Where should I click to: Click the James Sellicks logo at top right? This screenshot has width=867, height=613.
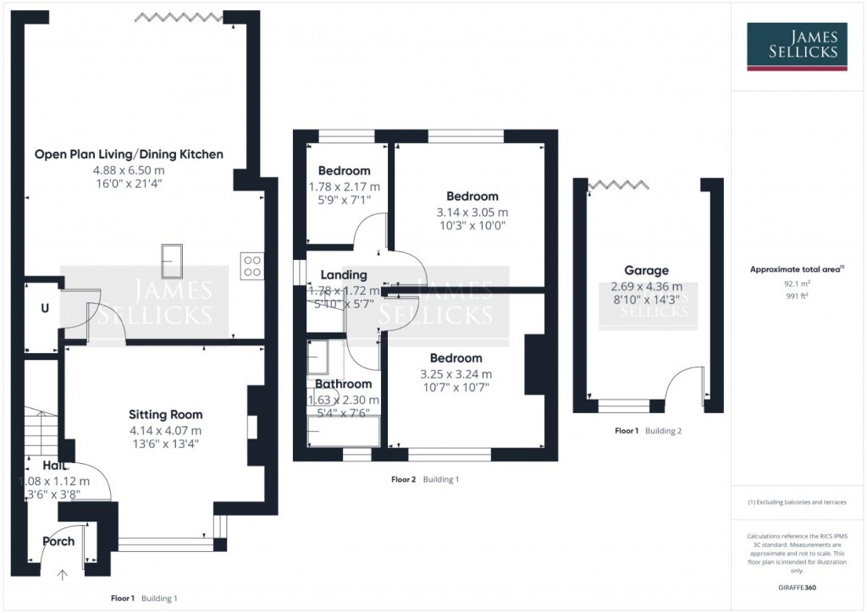(797, 45)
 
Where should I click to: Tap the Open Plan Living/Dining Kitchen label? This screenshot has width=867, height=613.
(129, 154)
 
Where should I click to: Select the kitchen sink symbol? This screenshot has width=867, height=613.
(172, 259)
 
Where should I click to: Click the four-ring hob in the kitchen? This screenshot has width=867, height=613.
(251, 266)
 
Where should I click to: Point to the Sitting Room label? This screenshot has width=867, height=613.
(165, 415)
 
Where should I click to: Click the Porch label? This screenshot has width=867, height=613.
(58, 541)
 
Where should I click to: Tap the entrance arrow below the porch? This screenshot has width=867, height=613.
(62, 576)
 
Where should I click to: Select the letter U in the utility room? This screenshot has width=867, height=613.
(44, 308)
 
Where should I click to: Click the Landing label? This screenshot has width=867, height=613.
(345, 275)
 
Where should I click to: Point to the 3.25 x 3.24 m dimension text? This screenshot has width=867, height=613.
(456, 373)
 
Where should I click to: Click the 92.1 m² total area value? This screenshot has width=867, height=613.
(796, 284)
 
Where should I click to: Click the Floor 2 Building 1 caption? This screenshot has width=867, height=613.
(425, 479)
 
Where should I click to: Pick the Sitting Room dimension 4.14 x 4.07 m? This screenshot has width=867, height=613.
(165, 430)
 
